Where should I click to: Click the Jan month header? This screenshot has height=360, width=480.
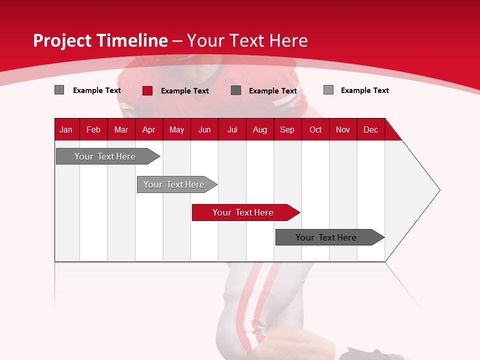(66, 129)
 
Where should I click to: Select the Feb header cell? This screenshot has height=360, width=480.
(93, 129)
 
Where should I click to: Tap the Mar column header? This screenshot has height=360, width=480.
(121, 129)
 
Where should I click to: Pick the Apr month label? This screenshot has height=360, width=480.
(148, 129)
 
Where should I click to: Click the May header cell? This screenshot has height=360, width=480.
(176, 129)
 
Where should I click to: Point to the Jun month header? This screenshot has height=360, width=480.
(204, 129)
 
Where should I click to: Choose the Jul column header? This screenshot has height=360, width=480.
(232, 129)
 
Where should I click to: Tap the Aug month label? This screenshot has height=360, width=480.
(259, 129)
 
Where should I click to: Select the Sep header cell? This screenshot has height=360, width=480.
(287, 129)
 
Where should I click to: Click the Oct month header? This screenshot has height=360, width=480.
(315, 129)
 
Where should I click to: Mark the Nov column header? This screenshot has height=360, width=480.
(343, 129)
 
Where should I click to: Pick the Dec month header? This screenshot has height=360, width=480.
(370, 129)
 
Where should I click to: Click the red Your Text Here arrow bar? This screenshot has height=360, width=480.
(243, 212)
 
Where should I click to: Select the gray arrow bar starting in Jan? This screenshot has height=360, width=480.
(105, 156)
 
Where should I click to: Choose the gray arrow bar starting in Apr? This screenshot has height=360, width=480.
(174, 184)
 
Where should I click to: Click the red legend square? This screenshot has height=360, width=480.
(147, 90)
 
